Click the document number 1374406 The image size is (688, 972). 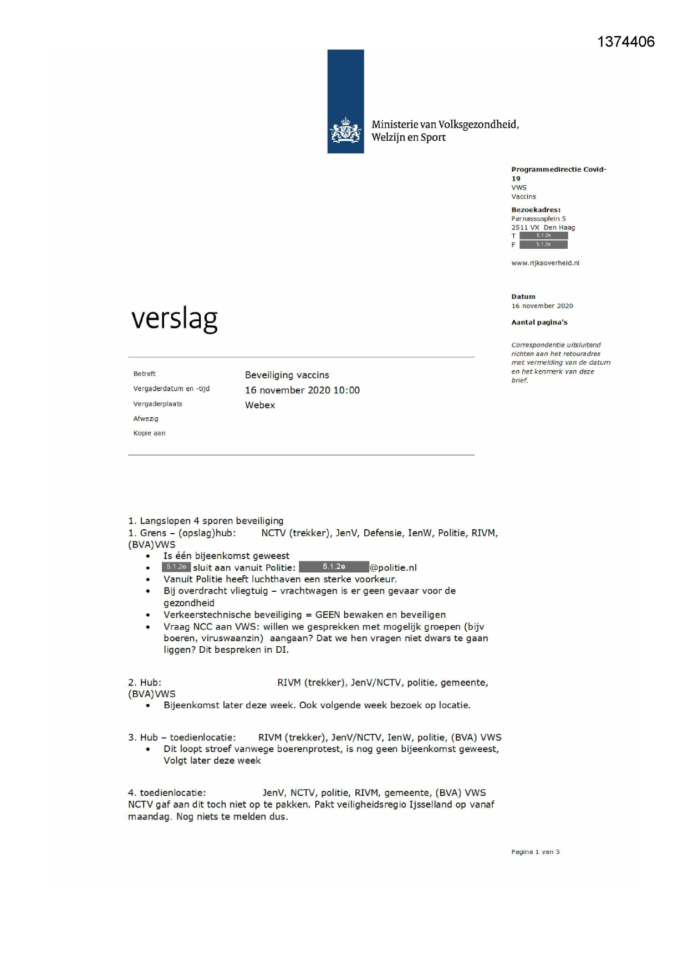626,42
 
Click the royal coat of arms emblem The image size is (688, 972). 345,131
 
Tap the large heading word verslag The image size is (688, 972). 175,319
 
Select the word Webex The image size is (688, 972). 260,405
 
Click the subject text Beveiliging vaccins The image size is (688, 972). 287,375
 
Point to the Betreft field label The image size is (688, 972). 145,374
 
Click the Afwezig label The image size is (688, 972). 146,419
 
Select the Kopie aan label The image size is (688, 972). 149,433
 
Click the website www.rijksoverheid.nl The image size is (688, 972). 545,263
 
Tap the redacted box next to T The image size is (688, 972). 543,236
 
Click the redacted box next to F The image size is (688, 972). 543,245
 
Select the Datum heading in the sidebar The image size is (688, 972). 523,297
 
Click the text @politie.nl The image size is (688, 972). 393,567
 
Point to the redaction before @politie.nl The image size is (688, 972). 334,567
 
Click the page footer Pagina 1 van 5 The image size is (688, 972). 535,852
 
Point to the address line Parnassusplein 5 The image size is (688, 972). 538,219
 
